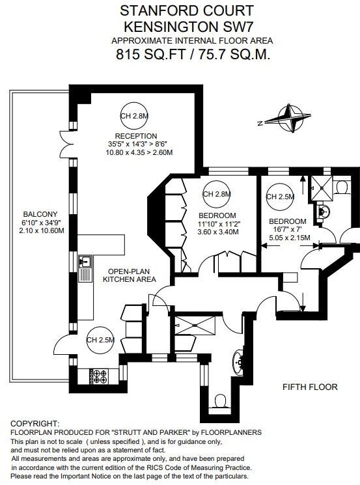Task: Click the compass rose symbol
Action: click(x=290, y=118)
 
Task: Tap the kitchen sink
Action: click(x=85, y=261)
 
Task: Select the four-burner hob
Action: click(x=99, y=376)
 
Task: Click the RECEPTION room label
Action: click(x=136, y=136)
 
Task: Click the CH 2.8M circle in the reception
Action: click(x=134, y=116)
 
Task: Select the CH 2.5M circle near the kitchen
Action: click(x=100, y=340)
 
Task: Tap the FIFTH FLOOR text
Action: click(x=310, y=387)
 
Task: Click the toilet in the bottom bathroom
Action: click(x=220, y=400)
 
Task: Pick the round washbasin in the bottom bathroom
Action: click(x=238, y=361)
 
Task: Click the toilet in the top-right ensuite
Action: click(x=341, y=187)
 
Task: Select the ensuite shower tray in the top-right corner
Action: click(x=322, y=187)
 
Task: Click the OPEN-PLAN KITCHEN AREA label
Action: click(x=130, y=275)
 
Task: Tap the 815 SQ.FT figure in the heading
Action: click(x=150, y=55)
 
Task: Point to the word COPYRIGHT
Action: click(x=35, y=423)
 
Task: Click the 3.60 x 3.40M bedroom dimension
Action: click(x=218, y=232)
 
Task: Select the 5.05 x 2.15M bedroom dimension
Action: click(x=290, y=238)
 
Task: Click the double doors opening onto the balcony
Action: click(x=66, y=143)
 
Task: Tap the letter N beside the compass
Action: click(x=260, y=124)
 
